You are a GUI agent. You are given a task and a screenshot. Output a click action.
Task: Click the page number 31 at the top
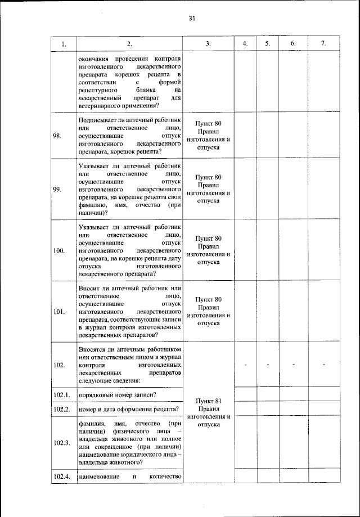(191, 19)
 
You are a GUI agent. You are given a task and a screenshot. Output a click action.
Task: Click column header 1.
(64, 44)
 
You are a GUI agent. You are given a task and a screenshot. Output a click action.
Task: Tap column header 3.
(208, 44)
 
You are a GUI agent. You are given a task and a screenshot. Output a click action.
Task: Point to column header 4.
(245, 44)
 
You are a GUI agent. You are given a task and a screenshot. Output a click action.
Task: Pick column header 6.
(293, 44)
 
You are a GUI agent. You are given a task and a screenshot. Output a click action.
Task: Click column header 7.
(323, 44)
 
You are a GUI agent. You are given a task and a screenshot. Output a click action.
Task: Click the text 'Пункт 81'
(208, 401)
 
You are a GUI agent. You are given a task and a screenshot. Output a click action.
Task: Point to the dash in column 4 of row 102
(245, 366)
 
